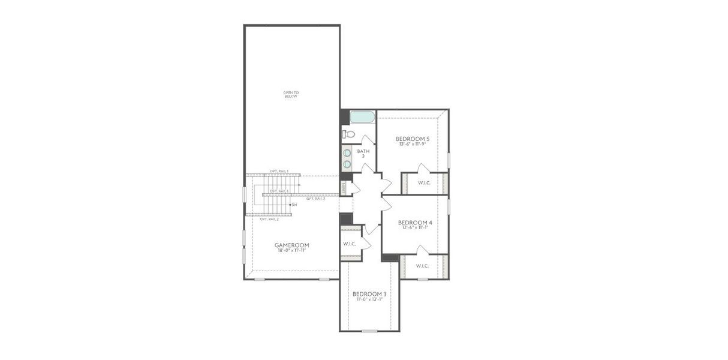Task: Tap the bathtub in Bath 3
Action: coord(362,116)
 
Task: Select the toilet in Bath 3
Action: coord(349,134)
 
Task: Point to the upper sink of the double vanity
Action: coord(347,153)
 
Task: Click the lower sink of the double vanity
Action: coord(347,163)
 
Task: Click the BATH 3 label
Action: coord(363,154)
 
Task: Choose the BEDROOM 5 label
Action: coord(413,139)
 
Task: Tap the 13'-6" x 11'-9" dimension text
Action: coord(413,144)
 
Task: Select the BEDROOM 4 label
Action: coord(415,222)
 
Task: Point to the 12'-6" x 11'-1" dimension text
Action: coord(415,227)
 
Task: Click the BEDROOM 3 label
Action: coord(369,294)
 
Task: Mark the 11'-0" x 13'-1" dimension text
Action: coord(369,299)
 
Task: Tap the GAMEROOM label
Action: coord(291,245)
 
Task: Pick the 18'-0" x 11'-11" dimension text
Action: coord(291,250)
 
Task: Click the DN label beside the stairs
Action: coord(294,205)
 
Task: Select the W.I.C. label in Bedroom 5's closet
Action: coord(425,183)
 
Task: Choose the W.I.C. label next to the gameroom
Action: coord(350,244)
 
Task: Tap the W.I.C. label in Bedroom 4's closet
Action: coord(422,266)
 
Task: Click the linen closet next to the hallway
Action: coord(344,188)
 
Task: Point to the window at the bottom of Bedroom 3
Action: coord(369,331)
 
